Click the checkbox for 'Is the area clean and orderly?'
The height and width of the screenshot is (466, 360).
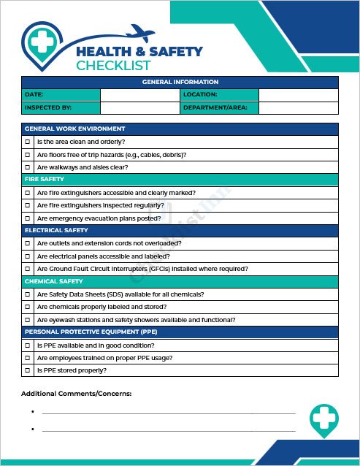point(27,142)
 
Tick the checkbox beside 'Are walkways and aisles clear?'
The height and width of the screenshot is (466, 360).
point(27,167)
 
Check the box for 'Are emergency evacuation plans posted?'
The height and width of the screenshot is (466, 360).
point(27,218)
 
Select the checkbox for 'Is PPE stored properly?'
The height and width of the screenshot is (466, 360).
point(27,370)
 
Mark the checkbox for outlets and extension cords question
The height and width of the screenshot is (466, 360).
point(27,243)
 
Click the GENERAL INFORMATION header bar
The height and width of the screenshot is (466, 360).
point(180,82)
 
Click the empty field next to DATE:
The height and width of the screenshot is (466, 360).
point(139,95)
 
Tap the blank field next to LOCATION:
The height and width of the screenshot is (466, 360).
point(298,95)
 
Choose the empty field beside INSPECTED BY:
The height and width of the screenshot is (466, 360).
point(139,108)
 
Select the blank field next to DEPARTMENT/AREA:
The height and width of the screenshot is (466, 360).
point(298,108)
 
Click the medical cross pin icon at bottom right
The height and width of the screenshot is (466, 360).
point(323,420)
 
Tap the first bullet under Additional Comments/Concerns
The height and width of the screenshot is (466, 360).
point(34,412)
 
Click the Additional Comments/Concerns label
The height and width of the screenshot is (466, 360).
point(76,394)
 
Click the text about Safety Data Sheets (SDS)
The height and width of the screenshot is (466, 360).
point(120,294)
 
